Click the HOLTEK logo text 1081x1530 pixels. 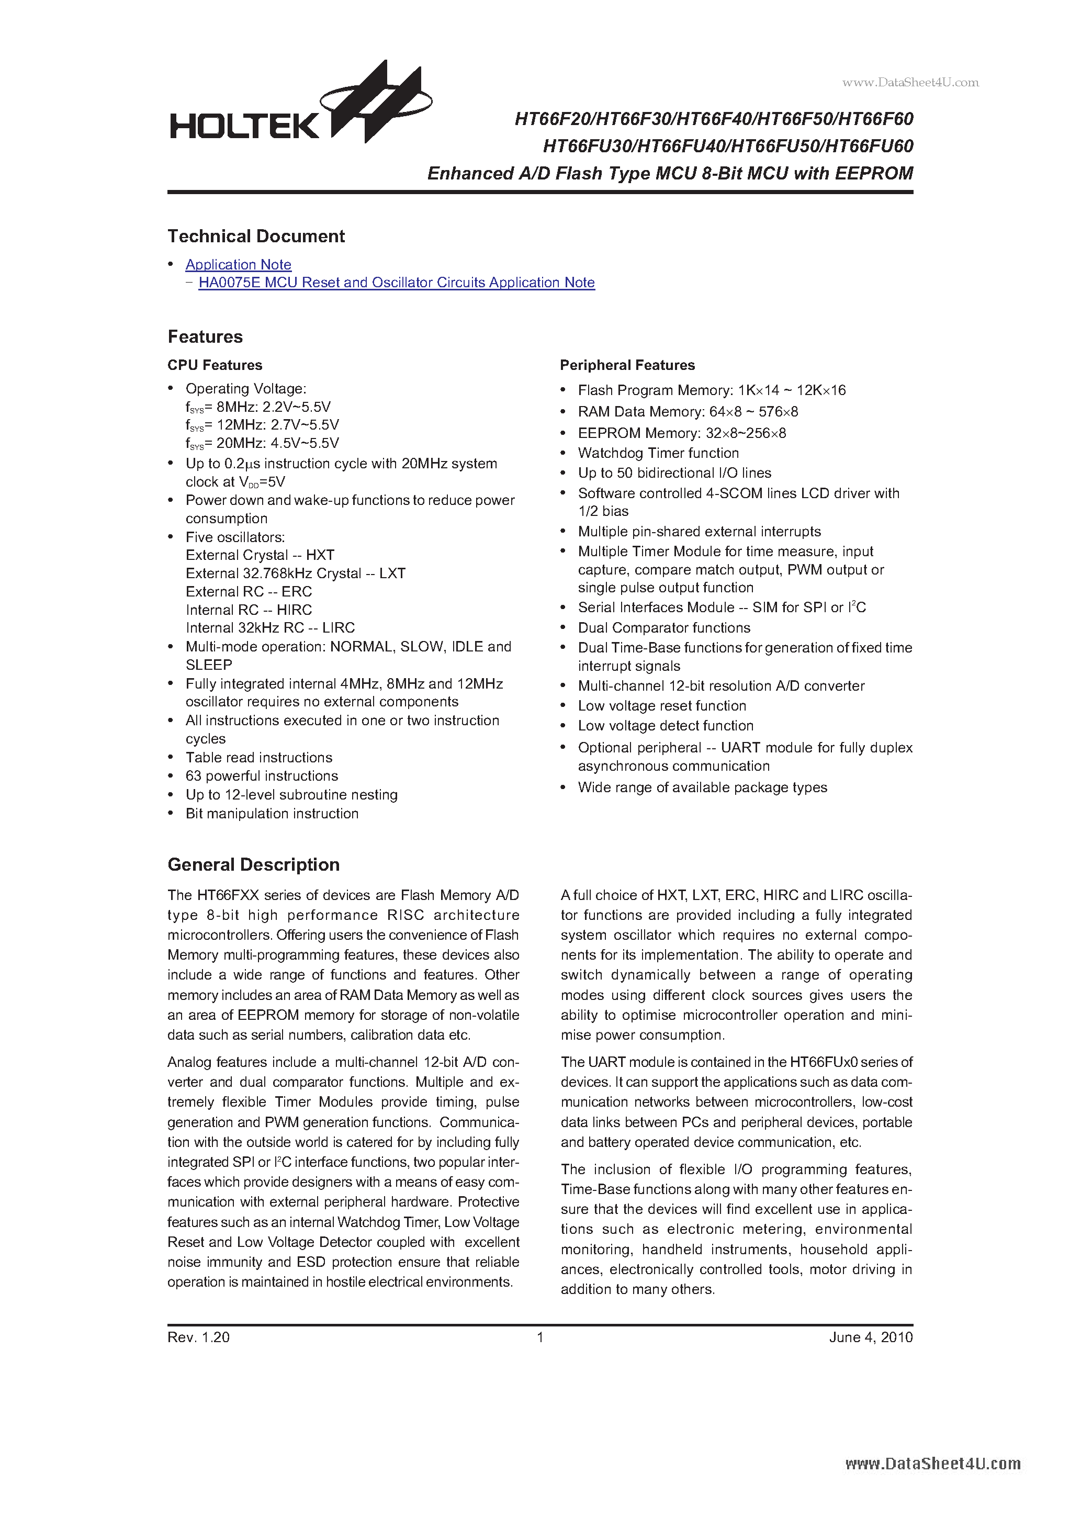(244, 125)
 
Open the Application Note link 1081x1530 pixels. (238, 265)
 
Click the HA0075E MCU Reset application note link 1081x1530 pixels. (396, 283)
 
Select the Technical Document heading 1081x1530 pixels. (256, 237)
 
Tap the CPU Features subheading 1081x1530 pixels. (215, 365)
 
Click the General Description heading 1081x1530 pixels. (253, 865)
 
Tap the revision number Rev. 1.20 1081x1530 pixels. (199, 1337)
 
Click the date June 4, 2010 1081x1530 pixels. (870, 1337)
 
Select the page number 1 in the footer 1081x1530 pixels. (540, 1337)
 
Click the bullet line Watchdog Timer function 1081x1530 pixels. (658, 453)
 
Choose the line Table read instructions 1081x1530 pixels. (258, 758)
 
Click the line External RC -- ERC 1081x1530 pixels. (249, 592)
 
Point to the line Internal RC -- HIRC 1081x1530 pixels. (249, 610)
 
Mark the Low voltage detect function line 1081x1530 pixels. (665, 726)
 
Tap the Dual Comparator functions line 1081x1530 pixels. (664, 628)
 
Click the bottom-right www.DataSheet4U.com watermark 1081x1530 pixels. (932, 1464)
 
